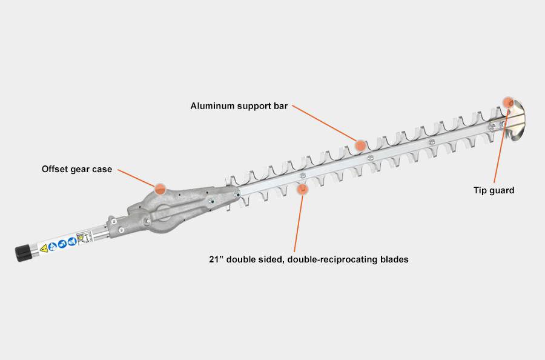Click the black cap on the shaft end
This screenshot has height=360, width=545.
[x=23, y=253]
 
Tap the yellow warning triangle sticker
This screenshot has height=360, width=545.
[x=44, y=248]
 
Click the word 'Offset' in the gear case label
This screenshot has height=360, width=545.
[x=54, y=169]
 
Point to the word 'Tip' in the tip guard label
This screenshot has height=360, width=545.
[x=480, y=191]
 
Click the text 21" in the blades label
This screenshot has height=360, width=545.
[x=216, y=259]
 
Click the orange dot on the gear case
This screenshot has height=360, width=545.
[x=160, y=189]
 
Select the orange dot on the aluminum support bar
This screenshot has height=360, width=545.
[x=361, y=145]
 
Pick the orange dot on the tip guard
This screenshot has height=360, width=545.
[x=508, y=102]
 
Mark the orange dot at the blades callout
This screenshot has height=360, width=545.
[x=302, y=189]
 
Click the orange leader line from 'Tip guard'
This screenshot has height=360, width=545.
[x=501, y=147]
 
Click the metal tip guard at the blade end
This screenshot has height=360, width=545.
[x=515, y=121]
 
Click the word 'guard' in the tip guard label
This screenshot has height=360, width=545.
[x=502, y=191]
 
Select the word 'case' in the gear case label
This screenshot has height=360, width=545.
[x=102, y=170]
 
